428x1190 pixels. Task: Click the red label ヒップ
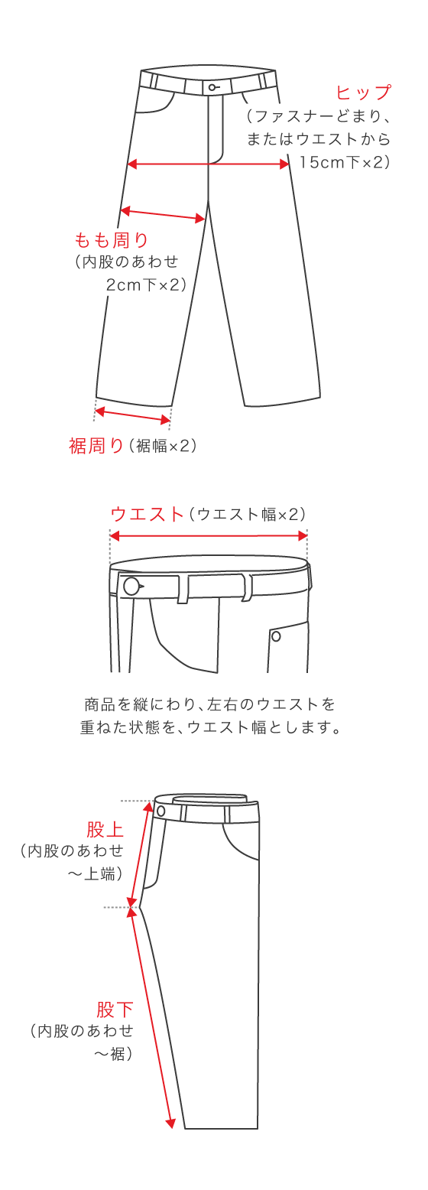tap(364, 93)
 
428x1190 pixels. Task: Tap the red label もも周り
tap(111, 240)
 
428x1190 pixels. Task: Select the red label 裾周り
tap(96, 446)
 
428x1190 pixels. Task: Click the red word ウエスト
tap(148, 514)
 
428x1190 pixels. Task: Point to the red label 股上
tap(105, 830)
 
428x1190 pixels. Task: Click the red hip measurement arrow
tap(208, 164)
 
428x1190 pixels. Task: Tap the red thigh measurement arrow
tap(164, 214)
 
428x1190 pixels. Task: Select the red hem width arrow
tap(132, 416)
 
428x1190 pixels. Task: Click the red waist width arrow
tap(209, 536)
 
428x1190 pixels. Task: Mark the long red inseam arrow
tap(153, 1017)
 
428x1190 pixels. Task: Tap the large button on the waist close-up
tap(131, 587)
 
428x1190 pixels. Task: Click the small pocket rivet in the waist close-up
tap(276, 636)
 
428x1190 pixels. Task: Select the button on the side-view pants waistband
tap(161, 811)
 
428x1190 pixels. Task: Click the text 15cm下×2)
tap(345, 162)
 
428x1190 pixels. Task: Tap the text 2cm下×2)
tap(145, 284)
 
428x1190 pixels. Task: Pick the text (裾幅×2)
tap(163, 446)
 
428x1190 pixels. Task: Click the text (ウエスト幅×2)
tap(247, 514)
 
